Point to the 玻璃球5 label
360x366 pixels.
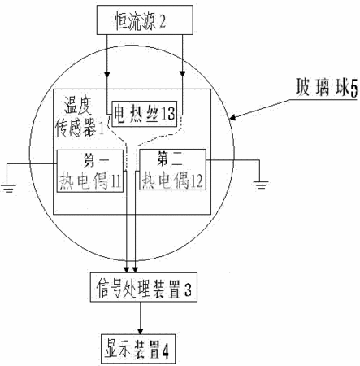tap(327, 87)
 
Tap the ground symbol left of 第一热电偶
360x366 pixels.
tap(8, 189)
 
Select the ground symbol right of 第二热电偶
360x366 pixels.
tap(261, 185)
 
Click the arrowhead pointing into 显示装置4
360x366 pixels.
tap(140, 331)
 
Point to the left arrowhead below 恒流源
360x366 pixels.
tap(107, 74)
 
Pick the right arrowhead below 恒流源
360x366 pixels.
tap(183, 74)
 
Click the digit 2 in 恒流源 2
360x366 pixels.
tap(163, 21)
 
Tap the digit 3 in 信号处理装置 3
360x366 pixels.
tap(188, 289)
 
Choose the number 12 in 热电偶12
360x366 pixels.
tap(197, 181)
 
